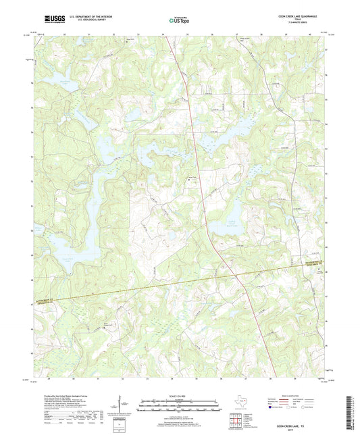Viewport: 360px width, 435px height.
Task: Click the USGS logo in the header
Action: click(x=53, y=19)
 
